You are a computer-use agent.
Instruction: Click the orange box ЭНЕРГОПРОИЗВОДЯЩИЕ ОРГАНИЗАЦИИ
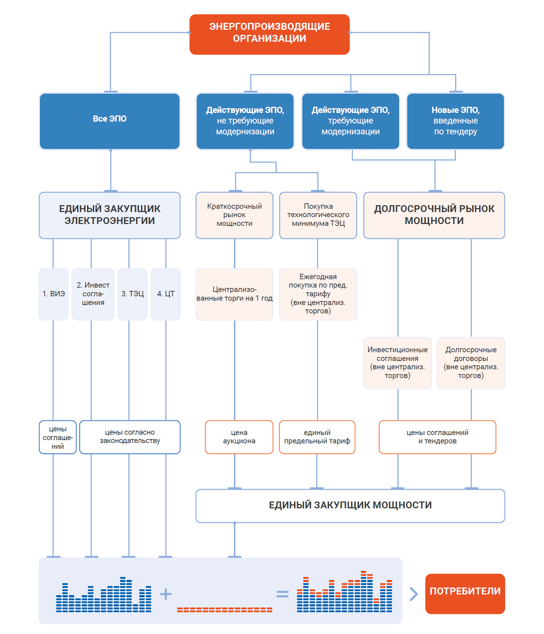tap(269, 34)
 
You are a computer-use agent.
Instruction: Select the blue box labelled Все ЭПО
tap(110, 121)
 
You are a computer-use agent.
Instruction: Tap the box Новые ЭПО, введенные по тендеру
tap(455, 121)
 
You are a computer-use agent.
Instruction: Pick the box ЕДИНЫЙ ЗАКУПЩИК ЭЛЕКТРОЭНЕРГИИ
tap(110, 215)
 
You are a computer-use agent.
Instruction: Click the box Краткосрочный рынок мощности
tap(234, 215)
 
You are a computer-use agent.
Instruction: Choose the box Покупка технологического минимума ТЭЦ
tap(318, 215)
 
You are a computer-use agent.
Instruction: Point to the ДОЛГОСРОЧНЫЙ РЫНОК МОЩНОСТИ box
tap(434, 215)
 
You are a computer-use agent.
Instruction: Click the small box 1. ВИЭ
tap(54, 294)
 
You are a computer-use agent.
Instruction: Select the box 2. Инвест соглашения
tap(93, 294)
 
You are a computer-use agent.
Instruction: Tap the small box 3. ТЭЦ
tap(132, 294)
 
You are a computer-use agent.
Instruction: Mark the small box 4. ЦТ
tap(166, 294)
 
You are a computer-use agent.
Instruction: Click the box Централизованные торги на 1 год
tap(234, 294)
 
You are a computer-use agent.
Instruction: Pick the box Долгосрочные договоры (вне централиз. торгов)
tap(471, 363)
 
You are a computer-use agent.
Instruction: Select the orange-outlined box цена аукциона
tap(239, 437)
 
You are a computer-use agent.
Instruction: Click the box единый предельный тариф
tap(317, 437)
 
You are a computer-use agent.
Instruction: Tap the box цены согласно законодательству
tap(130, 437)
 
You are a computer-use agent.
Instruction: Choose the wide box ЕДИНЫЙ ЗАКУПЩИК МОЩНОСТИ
tap(350, 505)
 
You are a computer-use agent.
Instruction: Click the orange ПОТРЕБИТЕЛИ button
tap(465, 594)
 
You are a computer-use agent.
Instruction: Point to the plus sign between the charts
tap(166, 594)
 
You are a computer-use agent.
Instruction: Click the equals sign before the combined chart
tap(283, 594)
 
